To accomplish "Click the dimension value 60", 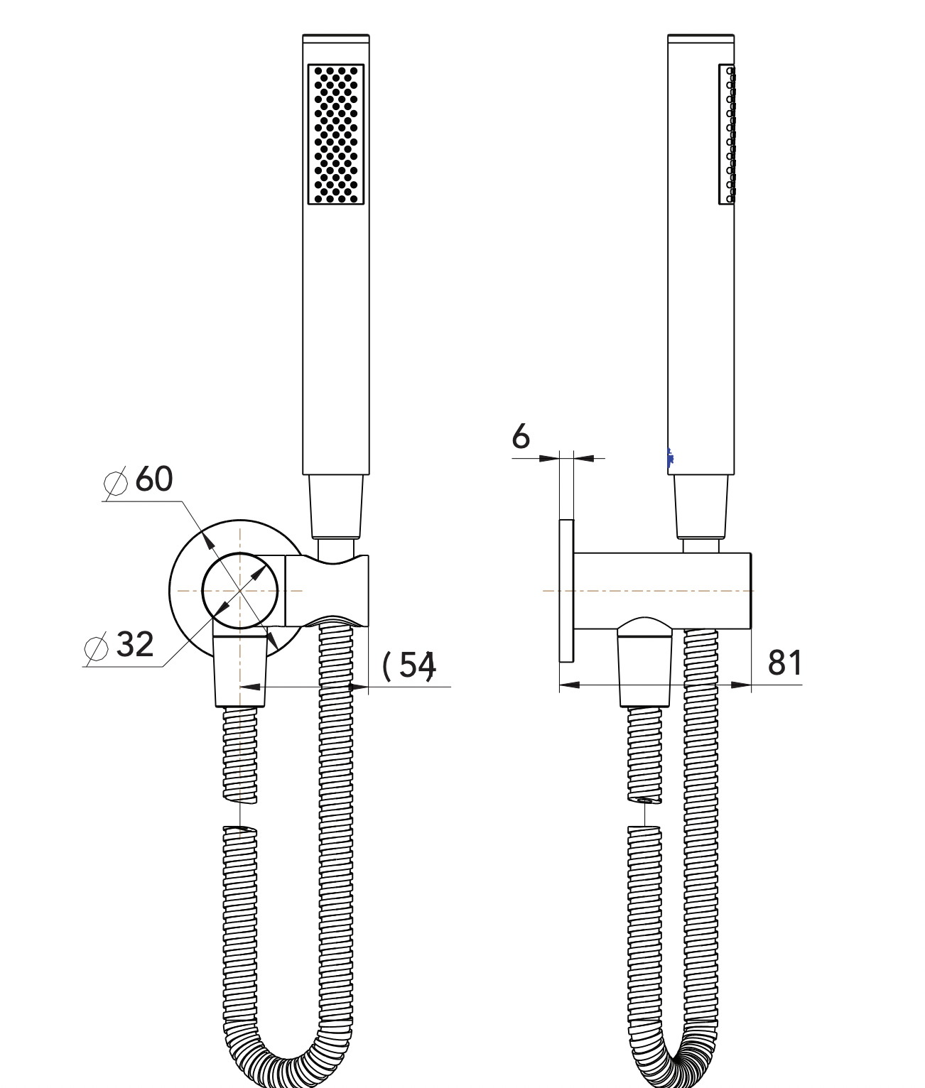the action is (x=153, y=479).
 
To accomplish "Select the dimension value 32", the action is (x=135, y=643).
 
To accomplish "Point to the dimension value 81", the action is (x=785, y=663).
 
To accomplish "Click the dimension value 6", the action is (x=521, y=437).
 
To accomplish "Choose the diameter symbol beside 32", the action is (x=97, y=647).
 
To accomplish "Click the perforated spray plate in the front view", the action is (x=336, y=134).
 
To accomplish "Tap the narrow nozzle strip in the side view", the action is (x=727, y=134).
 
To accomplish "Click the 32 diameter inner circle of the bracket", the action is (x=240, y=553).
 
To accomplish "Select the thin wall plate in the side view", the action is (x=566, y=591).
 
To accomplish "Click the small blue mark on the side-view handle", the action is (x=670, y=458).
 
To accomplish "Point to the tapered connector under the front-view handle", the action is (x=336, y=506).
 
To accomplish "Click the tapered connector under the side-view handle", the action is (x=700, y=506).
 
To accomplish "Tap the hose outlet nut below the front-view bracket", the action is (x=239, y=670).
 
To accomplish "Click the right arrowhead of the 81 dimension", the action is (x=741, y=685).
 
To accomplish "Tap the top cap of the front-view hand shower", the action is (x=336, y=38).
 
